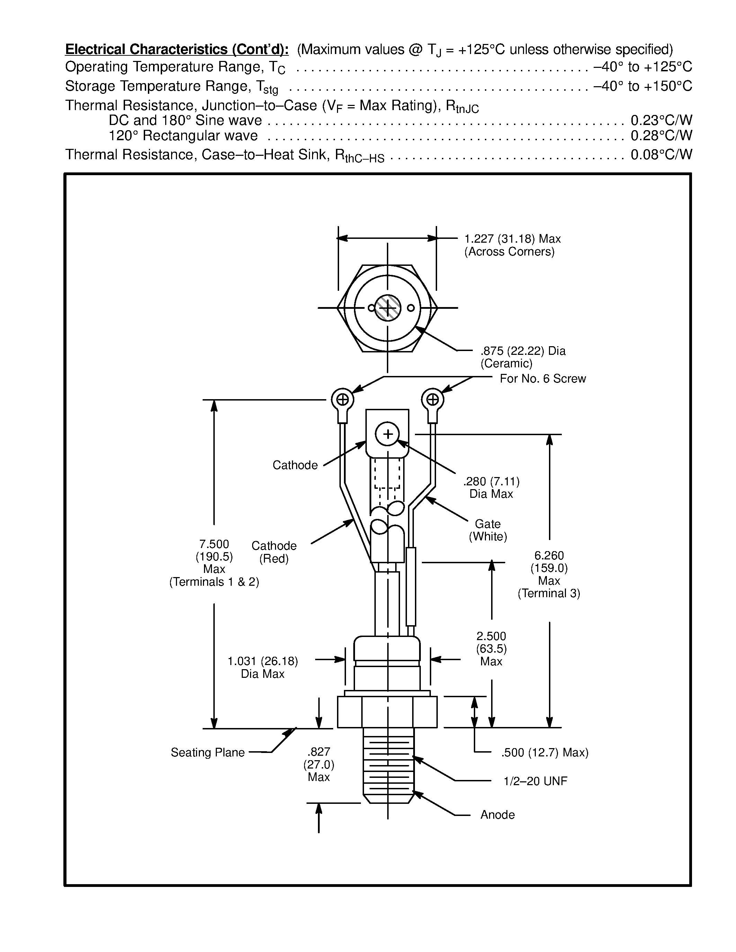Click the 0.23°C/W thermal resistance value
pos(661,120)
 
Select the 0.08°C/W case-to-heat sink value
pos(661,155)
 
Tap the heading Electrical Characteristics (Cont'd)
pos(177,49)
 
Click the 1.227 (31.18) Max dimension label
pos(512,239)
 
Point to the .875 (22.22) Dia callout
pos(523,351)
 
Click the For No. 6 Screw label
pos(542,378)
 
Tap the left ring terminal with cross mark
pos(343,399)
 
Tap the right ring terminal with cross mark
pos(433,399)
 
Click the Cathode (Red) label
pos(274,552)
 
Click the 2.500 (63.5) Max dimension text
pos(491,649)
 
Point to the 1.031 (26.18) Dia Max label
pos(263,667)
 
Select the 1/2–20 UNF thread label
pos(535,781)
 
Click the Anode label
pos(497,815)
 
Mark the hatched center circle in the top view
pos(387,308)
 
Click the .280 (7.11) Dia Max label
pos(491,487)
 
